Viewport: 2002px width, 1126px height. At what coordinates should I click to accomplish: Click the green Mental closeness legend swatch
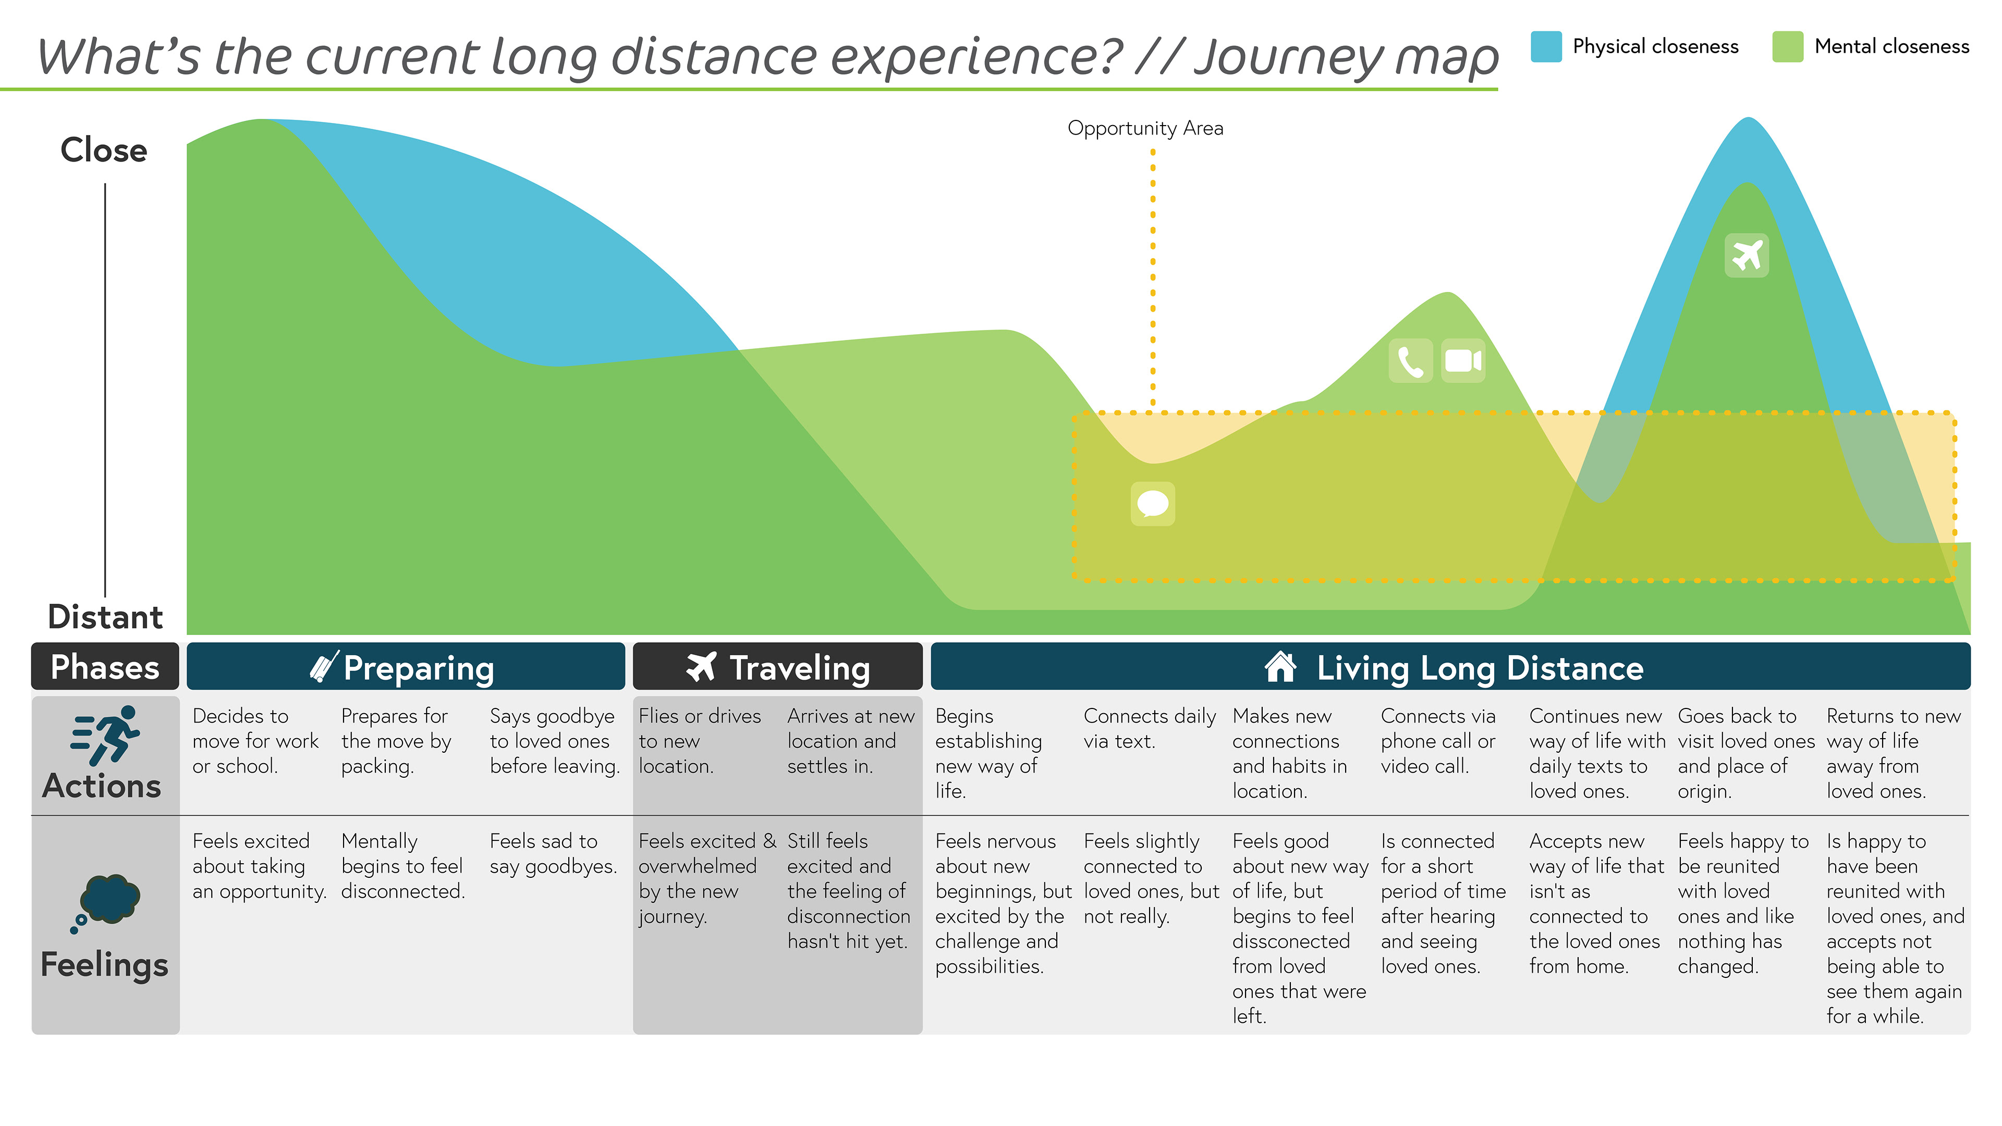[1788, 46]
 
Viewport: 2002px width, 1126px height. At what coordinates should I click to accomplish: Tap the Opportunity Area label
[1145, 128]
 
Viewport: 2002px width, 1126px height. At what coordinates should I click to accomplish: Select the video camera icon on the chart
[1462, 361]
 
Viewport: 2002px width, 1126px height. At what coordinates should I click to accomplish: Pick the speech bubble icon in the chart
[1153, 504]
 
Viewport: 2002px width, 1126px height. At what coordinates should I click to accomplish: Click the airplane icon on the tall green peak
[1747, 255]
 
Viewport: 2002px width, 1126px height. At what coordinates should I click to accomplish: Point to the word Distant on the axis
[105, 617]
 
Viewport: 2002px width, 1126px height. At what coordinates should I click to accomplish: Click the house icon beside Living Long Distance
[1280, 667]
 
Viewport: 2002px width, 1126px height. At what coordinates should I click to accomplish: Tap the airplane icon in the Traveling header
[701, 667]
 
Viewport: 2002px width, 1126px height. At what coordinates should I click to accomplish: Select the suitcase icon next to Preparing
[323, 667]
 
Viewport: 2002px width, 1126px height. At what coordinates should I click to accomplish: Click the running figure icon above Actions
[105, 735]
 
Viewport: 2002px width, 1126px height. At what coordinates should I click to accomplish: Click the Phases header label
[105, 667]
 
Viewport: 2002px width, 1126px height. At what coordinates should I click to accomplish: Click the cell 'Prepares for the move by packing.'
[396, 741]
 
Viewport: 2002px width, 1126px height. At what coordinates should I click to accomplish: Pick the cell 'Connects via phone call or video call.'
[1438, 741]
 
